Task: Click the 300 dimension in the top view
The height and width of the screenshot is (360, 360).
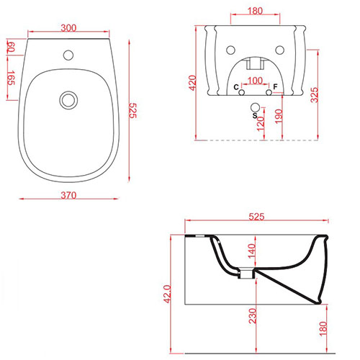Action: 68,28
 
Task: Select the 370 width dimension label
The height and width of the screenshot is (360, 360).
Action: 68,195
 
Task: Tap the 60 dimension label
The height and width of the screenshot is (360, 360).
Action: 11,48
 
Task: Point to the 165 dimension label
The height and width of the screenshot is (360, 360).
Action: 11,78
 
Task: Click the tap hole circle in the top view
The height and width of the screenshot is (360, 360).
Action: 68,55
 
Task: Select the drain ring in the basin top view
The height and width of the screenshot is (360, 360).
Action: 68,100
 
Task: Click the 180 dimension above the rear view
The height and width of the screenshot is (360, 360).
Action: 255,11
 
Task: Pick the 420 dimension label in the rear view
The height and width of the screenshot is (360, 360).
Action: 192,83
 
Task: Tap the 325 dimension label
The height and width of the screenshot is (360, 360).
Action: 314,95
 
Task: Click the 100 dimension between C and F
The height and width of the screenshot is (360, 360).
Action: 255,81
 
